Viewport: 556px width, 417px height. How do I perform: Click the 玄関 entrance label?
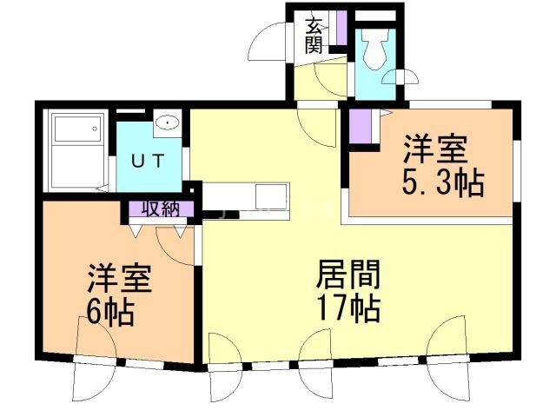(314, 36)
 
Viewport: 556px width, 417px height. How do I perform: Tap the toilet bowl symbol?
(374, 50)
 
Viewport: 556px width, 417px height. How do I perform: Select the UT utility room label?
(149, 162)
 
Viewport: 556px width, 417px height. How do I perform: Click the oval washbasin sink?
(168, 122)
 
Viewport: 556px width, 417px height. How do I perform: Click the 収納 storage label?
(161, 209)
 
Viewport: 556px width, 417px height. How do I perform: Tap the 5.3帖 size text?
(443, 183)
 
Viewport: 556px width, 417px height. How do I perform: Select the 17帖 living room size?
(349, 308)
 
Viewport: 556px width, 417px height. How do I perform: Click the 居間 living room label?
(348, 275)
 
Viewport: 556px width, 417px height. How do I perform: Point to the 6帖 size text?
(110, 313)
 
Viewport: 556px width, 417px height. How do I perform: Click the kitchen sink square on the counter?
(270, 196)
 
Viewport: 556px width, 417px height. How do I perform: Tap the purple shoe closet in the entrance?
(341, 28)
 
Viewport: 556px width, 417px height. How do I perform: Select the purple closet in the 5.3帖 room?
(360, 127)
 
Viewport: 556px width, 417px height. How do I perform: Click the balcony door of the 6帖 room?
(95, 380)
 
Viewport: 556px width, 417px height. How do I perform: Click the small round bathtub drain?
(95, 129)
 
